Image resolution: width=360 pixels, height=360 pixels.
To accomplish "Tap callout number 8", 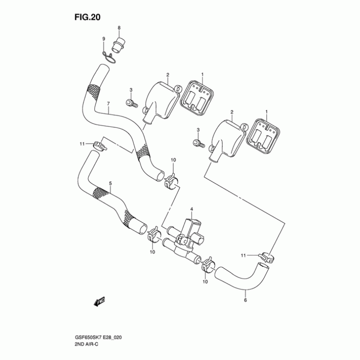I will [x=119, y=28].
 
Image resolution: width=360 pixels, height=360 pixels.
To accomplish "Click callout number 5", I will [x=110, y=183].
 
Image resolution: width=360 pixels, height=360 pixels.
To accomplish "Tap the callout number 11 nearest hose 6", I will [x=243, y=256].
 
